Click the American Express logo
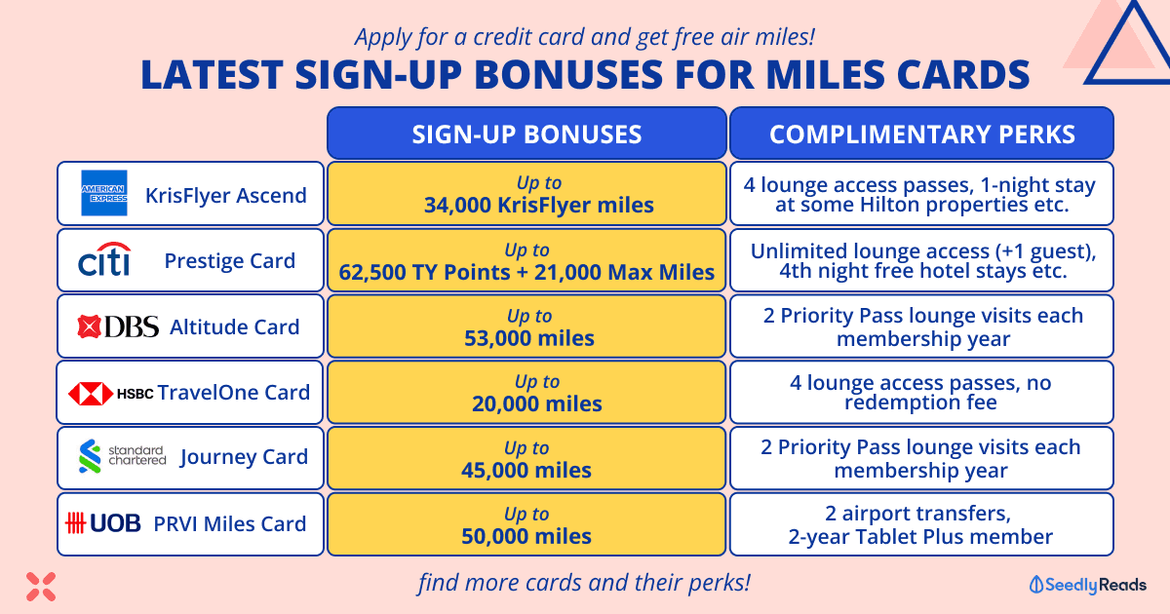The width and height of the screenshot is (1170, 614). pyautogui.click(x=104, y=193)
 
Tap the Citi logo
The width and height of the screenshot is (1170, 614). pyautogui.click(x=104, y=259)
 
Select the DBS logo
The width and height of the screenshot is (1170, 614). pyautogui.click(x=118, y=326)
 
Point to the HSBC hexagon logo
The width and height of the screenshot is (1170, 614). pyautogui.click(x=91, y=393)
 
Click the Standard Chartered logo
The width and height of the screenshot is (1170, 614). pyautogui.click(x=122, y=456)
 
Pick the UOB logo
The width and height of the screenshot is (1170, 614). pyautogui.click(x=103, y=522)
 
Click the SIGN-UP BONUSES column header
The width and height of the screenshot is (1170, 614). pyautogui.click(x=526, y=134)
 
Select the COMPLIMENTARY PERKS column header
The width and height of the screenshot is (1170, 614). pyautogui.click(x=922, y=134)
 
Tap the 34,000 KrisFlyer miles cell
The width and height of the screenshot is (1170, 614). pyautogui.click(x=526, y=194)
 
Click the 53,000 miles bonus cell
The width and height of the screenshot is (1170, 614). pyautogui.click(x=526, y=326)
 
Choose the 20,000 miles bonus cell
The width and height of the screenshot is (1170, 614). pyautogui.click(x=526, y=392)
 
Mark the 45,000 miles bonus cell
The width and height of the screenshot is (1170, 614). pyautogui.click(x=526, y=458)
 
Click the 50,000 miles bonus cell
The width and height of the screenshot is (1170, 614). pyautogui.click(x=526, y=524)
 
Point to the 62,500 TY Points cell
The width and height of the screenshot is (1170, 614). pyautogui.click(x=526, y=260)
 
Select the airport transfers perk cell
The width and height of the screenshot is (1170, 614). pyautogui.click(x=922, y=524)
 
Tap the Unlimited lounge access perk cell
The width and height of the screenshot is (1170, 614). pyautogui.click(x=922, y=260)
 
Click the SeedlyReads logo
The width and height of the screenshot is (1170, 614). pyautogui.click(x=1088, y=585)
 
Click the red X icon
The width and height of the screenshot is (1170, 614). pyautogui.click(x=41, y=587)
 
